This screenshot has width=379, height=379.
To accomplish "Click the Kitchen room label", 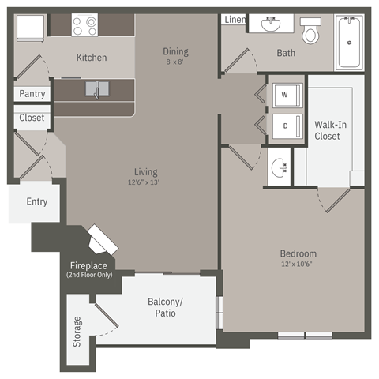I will (x=92, y=58).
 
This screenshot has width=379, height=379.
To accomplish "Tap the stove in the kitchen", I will (x=84, y=24).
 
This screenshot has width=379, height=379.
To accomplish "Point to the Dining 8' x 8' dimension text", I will (x=175, y=62).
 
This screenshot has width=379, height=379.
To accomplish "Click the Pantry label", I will (x=32, y=94).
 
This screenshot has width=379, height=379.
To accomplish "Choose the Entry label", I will (x=37, y=201).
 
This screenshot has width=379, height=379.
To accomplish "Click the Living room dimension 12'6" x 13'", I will (x=145, y=182).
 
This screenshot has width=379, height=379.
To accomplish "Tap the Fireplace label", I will (x=90, y=265).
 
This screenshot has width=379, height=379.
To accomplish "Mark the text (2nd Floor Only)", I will (x=90, y=275).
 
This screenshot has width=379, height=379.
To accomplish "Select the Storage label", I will (x=77, y=332).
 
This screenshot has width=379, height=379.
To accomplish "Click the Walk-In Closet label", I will (x=327, y=130).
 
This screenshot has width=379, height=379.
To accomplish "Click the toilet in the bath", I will (x=310, y=32).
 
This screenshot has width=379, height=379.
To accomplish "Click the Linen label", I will (x=235, y=20).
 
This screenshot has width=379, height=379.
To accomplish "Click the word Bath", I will (x=286, y=54).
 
